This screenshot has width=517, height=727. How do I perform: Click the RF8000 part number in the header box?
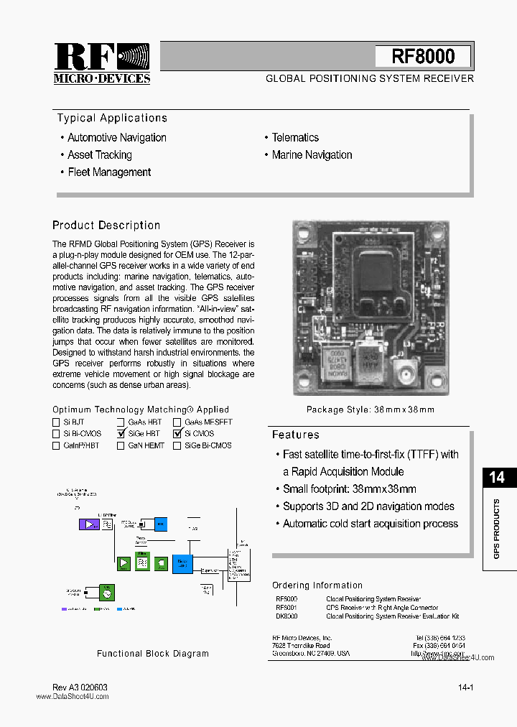423,56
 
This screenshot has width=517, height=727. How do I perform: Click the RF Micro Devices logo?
101,63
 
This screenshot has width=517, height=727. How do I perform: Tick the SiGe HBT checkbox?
121,433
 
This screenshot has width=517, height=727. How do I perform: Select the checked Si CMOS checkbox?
177,433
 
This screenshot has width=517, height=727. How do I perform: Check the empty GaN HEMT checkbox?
121,445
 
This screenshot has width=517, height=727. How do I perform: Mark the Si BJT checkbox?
57,422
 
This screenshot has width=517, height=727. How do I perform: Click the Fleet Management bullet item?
108,172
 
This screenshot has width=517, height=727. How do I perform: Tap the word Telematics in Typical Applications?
294,137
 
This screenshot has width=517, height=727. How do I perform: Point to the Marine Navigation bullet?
312,155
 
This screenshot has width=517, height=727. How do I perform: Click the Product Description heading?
106,226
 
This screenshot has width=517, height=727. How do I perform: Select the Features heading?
295,435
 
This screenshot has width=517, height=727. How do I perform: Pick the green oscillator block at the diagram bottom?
106,592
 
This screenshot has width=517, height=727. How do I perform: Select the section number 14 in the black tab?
496,477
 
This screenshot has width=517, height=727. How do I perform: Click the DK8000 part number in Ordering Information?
287,616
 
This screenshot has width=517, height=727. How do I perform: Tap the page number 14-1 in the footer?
465,687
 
